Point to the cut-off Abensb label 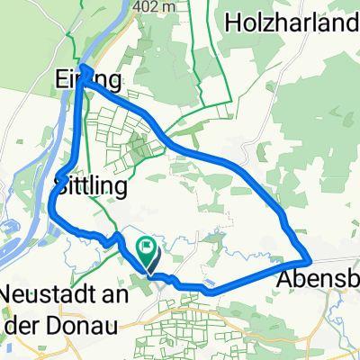(316, 278)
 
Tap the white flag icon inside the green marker (146, 245)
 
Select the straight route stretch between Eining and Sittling (76, 126)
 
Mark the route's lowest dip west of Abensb (209, 291)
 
